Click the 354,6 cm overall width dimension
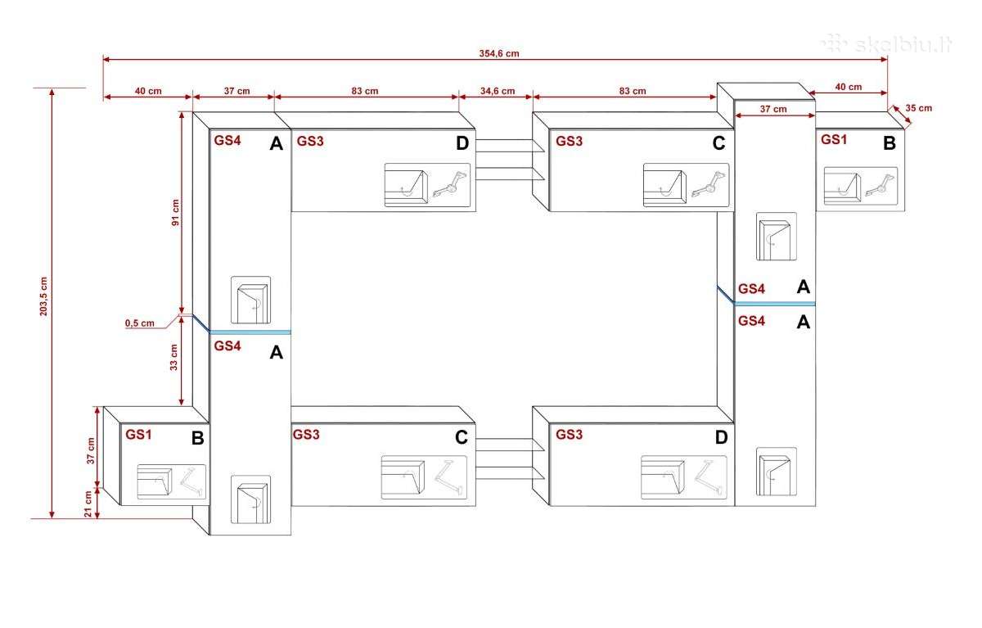point(499,53)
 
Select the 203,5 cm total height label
point(43,296)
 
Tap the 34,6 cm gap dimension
point(498,91)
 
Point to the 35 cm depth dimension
point(918,108)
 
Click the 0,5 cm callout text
point(139,323)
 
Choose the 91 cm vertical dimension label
point(175,213)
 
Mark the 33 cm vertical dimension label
point(174,357)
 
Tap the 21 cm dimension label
point(88,504)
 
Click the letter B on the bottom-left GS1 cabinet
point(198,438)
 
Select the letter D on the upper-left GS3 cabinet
point(462,143)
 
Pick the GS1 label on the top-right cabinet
point(833,139)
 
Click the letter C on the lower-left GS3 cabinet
point(462,437)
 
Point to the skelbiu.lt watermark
point(887,45)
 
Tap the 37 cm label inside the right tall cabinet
point(773,109)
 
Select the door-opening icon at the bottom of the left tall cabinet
point(250,499)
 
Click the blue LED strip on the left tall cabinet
point(250,332)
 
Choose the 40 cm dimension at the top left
point(148,91)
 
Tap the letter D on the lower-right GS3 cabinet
point(721,437)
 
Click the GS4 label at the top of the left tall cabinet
point(227,140)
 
